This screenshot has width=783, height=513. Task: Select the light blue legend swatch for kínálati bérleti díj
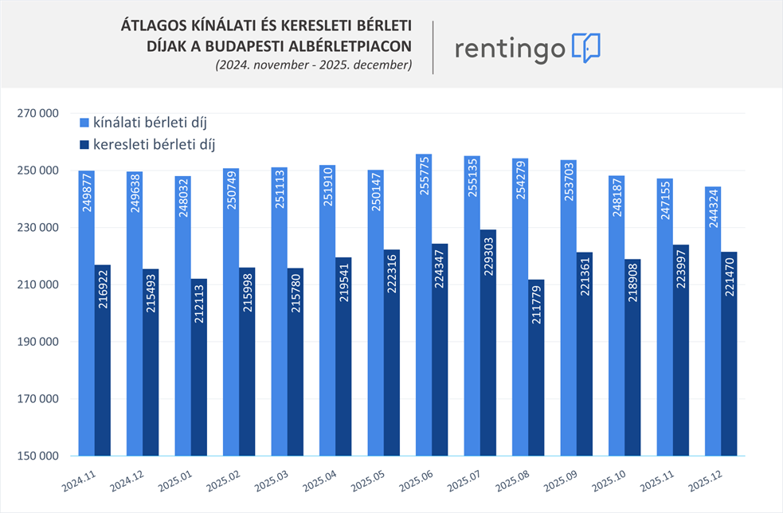click(84, 123)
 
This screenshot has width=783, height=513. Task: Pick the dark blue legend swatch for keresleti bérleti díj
click(84, 145)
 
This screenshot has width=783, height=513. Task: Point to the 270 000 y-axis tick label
click(37, 113)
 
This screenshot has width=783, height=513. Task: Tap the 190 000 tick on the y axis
click(37, 342)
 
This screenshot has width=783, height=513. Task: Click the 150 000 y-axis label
click(37, 456)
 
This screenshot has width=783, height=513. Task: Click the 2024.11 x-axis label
click(78, 481)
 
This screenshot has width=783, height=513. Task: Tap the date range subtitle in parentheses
click(313, 65)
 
